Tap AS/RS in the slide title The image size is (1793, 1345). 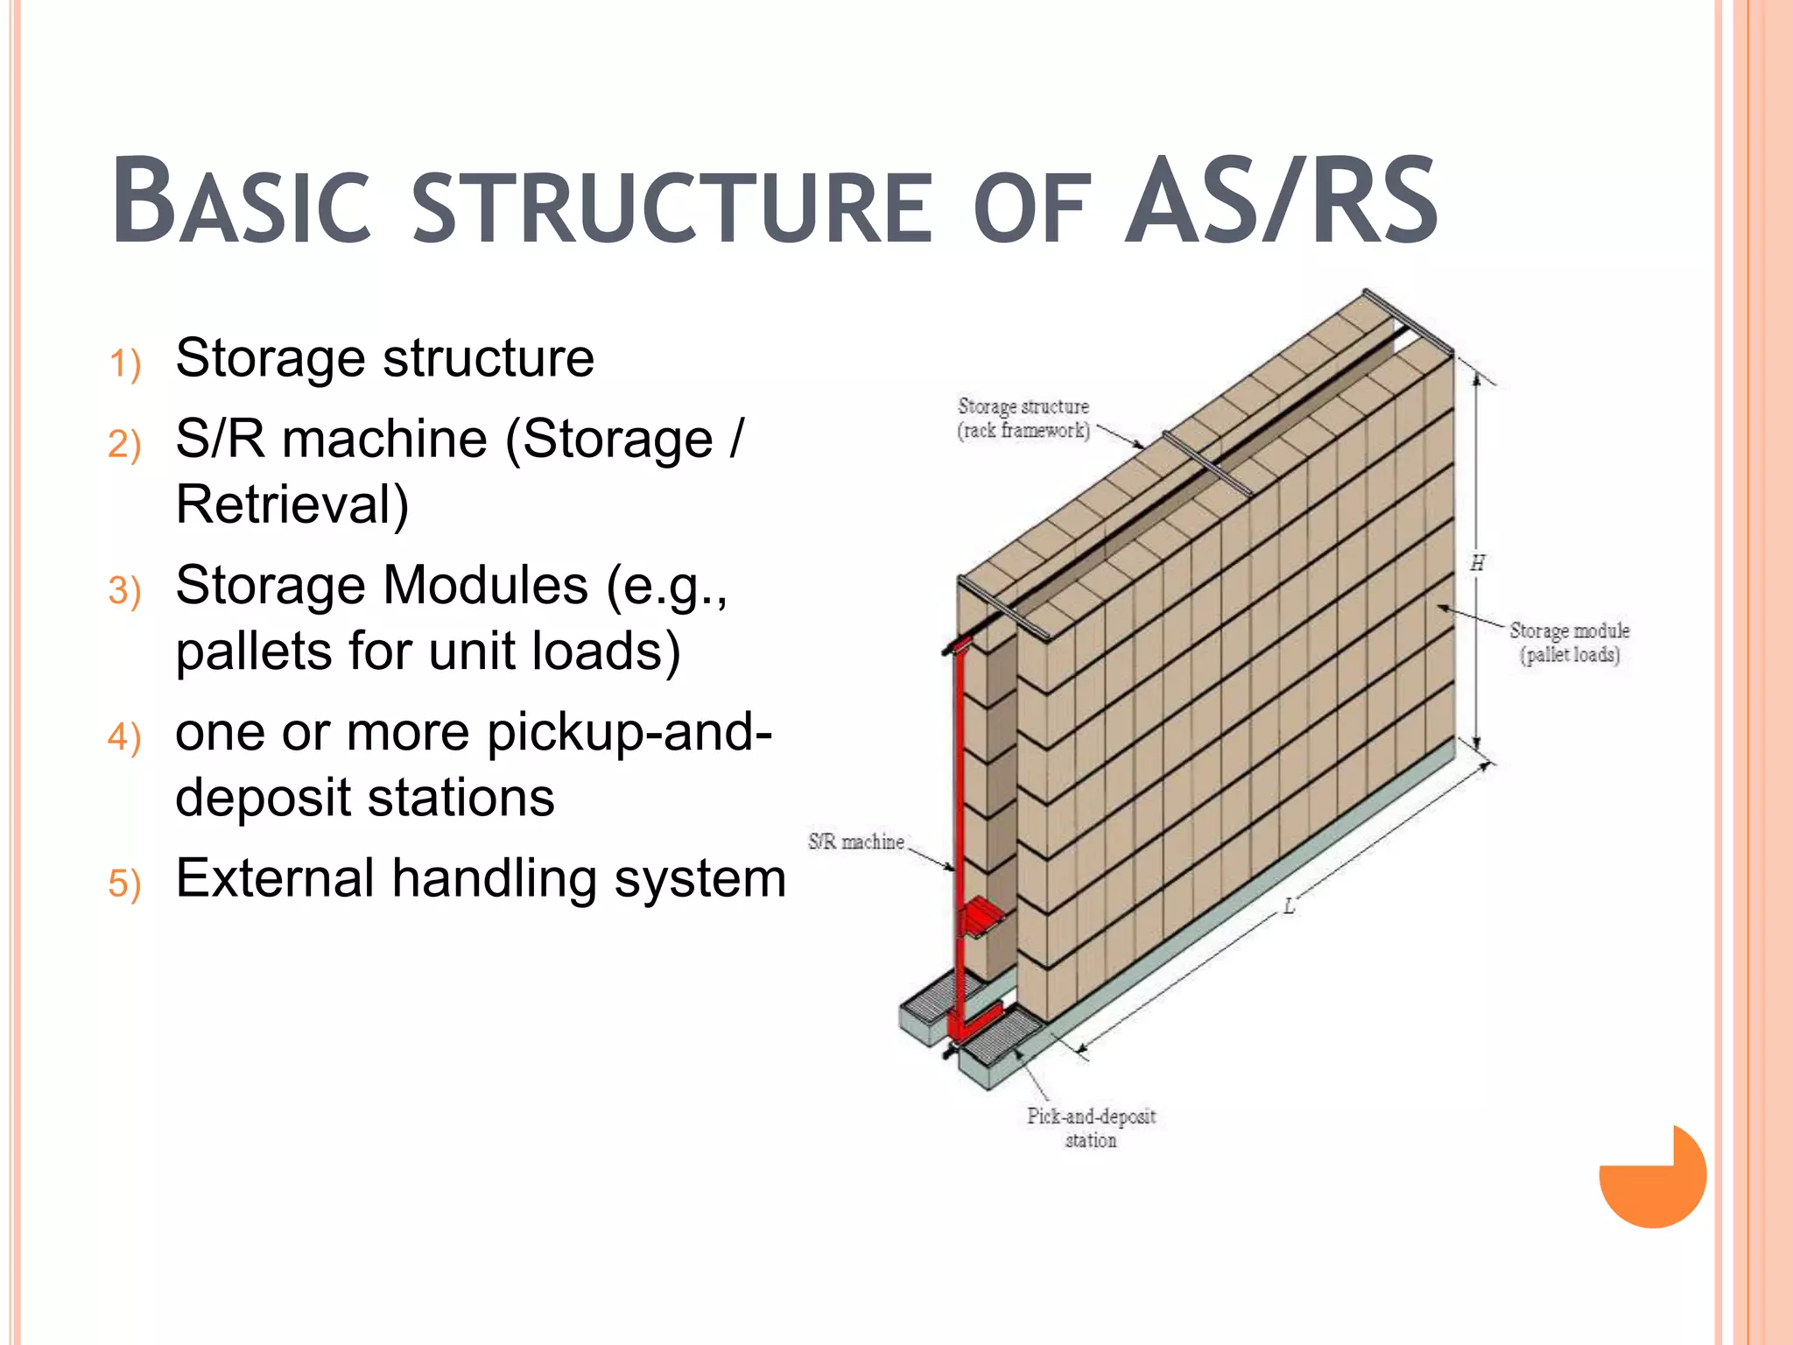coord(1282,201)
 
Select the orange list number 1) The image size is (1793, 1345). coord(124,363)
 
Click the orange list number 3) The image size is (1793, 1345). coord(124,590)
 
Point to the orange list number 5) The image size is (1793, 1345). coord(124,883)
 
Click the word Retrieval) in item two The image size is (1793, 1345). coord(292,504)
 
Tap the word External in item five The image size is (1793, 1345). coord(274,878)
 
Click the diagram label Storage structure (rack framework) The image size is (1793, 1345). coord(1023,419)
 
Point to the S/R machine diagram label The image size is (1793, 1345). coord(855,842)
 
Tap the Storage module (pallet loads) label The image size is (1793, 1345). coord(1569,643)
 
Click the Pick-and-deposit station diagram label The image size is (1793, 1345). coord(1091,1128)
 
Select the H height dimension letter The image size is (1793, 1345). coord(1478,563)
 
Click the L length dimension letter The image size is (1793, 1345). coord(1289,907)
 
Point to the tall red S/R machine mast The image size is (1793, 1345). coord(959,788)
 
